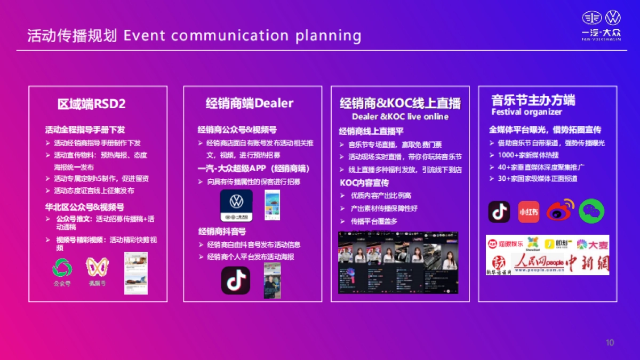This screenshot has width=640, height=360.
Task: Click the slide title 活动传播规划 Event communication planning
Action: coord(194,36)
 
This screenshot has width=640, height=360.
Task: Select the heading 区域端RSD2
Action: coord(92,103)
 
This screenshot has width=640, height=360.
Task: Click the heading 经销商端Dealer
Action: coord(250,103)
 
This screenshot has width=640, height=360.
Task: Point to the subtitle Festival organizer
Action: coord(526,112)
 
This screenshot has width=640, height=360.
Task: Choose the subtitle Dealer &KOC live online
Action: coord(400,116)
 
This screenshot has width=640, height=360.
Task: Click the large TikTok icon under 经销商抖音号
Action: coord(235,281)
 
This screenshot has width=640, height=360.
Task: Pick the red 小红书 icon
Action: coord(529,212)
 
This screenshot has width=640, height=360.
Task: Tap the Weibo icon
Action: coord(559,211)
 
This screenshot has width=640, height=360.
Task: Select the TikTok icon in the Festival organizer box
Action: coord(499,212)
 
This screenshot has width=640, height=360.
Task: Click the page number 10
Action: coord(610,342)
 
